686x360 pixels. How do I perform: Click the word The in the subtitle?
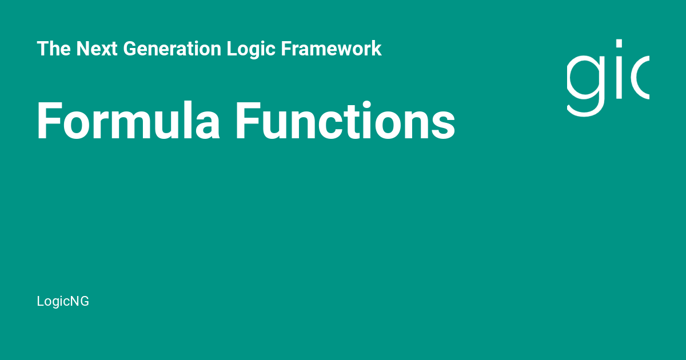(x=54, y=49)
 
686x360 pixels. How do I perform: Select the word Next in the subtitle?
(x=97, y=49)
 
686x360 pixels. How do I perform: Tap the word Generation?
(x=172, y=49)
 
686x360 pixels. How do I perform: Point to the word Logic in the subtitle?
(x=251, y=50)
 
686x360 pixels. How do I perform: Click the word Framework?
(x=332, y=49)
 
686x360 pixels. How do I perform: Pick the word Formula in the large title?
(x=128, y=121)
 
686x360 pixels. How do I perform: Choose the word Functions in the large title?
(x=345, y=121)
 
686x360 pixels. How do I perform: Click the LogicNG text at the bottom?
(x=63, y=302)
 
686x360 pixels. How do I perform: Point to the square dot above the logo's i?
(x=619, y=43)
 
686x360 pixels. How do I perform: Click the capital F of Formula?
(x=49, y=121)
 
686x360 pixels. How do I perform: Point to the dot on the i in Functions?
(x=366, y=105)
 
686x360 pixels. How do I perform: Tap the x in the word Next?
(x=105, y=50)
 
